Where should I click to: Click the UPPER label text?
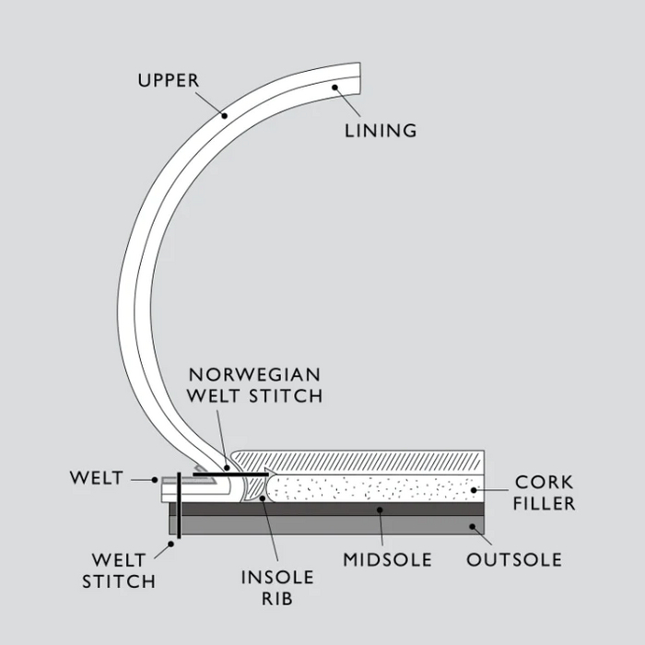(x=168, y=80)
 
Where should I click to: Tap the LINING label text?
(x=381, y=130)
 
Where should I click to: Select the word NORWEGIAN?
(x=254, y=374)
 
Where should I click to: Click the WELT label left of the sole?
(x=97, y=478)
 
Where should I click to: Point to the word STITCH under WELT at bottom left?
(x=119, y=581)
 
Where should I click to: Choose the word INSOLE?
(x=277, y=578)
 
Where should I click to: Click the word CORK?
(x=544, y=482)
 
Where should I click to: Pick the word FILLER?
(x=545, y=503)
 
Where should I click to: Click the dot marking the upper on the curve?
(x=224, y=115)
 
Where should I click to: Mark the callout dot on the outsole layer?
(x=473, y=527)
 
